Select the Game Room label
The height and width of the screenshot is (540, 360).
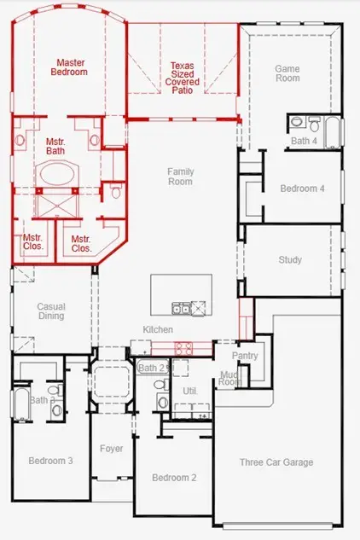(x=287, y=73)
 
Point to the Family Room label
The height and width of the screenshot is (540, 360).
(x=180, y=177)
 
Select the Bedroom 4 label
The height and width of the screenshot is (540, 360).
(x=302, y=189)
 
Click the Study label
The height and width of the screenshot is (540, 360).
(x=290, y=260)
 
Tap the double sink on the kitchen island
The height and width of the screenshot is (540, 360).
(x=180, y=308)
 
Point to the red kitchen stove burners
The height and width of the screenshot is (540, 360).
(x=183, y=347)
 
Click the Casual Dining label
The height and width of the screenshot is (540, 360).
(x=50, y=311)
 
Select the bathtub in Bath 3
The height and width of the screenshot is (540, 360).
(x=20, y=404)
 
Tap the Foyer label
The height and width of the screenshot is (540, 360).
(x=111, y=449)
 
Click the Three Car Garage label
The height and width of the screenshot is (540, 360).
(x=275, y=462)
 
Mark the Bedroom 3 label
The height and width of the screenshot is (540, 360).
(x=50, y=461)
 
